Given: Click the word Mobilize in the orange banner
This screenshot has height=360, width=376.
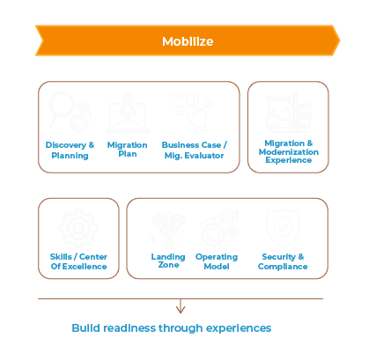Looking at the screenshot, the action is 188,41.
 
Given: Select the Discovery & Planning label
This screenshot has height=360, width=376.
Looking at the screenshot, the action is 70,150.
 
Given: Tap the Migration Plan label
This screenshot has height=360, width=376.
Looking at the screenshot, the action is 128,150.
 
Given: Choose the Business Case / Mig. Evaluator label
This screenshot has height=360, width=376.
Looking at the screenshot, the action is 195,150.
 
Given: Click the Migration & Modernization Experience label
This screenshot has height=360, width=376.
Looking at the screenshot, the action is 289,151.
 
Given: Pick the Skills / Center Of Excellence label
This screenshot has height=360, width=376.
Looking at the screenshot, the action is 78,261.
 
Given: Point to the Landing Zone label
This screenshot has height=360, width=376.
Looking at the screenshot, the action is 168,261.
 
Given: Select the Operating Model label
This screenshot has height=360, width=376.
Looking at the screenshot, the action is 217,261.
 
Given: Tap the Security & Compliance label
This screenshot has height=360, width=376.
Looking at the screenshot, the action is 283,261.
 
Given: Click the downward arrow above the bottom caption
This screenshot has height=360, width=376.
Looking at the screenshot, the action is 181,306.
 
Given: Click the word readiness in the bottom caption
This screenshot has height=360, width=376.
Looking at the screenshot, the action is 129,328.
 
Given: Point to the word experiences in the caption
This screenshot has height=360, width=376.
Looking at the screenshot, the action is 239,329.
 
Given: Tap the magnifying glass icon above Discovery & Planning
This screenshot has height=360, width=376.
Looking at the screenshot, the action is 70,112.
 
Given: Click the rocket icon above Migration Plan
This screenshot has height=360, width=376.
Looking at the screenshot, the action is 128,114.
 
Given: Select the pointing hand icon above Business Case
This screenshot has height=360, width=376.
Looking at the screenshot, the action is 192,113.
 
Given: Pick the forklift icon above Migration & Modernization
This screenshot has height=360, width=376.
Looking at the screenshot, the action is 288,112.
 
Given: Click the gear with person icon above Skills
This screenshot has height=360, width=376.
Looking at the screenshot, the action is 78,228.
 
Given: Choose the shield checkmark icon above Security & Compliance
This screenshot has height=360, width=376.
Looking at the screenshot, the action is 283,228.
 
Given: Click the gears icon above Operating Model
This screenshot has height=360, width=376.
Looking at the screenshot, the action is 219,228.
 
